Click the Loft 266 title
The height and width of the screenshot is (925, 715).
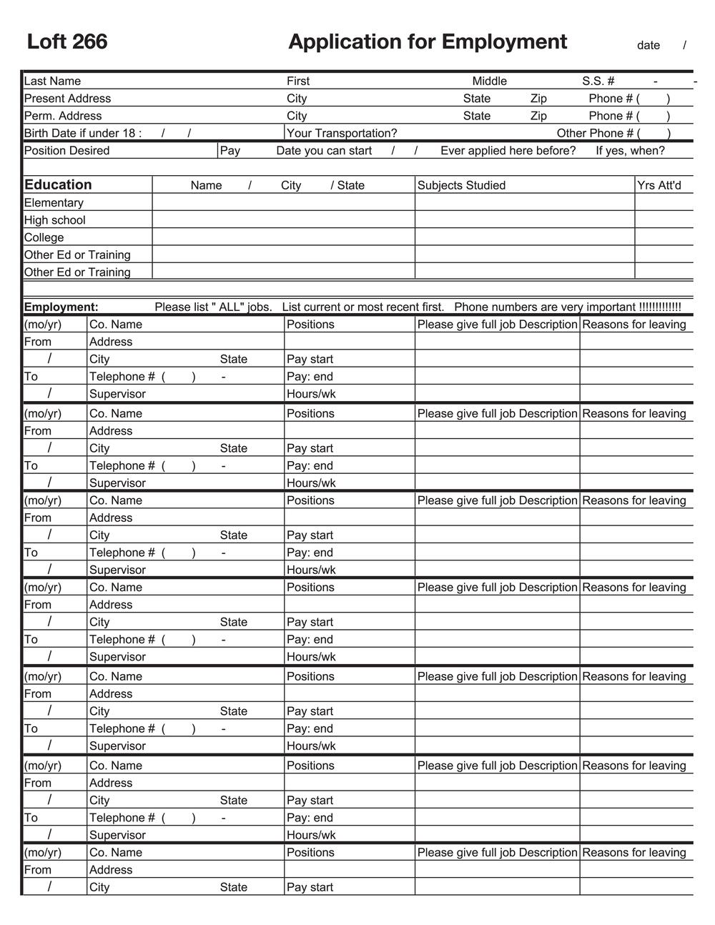pos(67,41)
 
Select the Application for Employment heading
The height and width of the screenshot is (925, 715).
pos(428,41)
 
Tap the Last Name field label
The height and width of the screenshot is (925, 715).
pos(52,81)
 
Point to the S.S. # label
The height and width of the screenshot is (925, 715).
pos(598,81)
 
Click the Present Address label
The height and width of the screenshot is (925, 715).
pos(67,98)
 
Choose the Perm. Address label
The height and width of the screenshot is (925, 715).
pos(63,116)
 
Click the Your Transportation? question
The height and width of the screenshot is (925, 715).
pos(342,133)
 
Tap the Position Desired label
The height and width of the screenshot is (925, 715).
pos(66,150)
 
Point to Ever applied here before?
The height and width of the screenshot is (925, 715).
pos(508,150)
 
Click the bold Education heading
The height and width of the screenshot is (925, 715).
pos(58,184)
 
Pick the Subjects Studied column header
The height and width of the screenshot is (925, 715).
pos(461,185)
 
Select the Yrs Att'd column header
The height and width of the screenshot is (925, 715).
pos(659,185)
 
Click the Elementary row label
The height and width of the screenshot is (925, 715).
pos(54,202)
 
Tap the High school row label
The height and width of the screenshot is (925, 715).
pos(54,220)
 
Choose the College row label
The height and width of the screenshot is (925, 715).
pos(44,237)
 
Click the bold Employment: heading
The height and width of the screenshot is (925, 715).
pos(61,307)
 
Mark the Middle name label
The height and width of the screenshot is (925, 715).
pos(489,81)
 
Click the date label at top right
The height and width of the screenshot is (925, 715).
pos(648,45)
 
